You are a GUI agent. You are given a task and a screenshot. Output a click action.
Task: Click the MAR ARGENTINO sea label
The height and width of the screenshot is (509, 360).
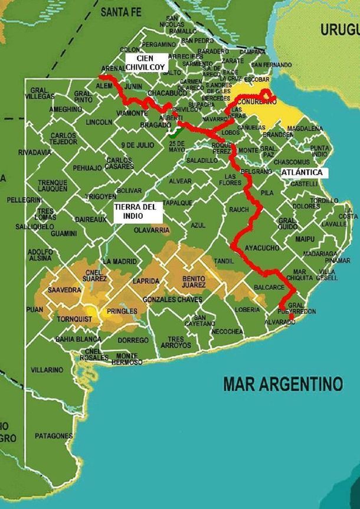coord(283,384)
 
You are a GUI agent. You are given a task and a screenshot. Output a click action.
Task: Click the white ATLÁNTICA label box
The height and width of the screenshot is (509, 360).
coord(302,172)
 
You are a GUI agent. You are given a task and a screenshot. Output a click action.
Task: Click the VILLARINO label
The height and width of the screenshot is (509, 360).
coord(47,370)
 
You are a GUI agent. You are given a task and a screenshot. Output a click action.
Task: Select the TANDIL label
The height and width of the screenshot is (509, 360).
coord(224,261)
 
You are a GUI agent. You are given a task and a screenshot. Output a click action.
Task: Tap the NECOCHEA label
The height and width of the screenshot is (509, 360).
coord(227,331)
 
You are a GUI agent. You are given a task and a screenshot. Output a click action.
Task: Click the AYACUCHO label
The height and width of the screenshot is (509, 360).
coord(261,248)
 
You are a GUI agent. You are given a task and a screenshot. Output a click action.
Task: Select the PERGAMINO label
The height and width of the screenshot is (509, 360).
coord(159,44)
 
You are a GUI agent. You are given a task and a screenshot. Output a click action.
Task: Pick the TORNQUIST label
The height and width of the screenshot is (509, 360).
coord(73,320)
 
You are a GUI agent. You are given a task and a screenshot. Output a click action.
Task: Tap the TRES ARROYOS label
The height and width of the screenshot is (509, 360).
coord(176,341)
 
